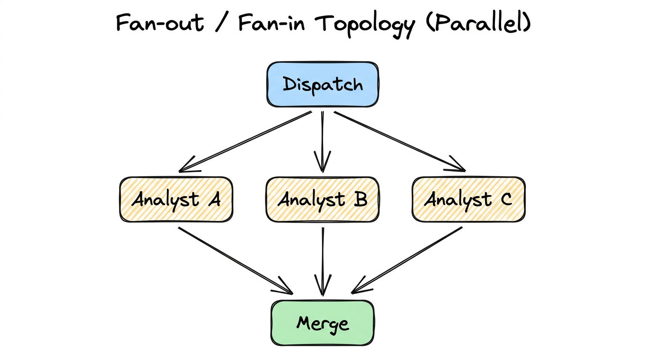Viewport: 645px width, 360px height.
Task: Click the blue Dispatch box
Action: click(x=322, y=84)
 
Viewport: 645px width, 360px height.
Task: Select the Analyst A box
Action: click(x=176, y=199)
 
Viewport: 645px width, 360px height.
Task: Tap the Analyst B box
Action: click(x=322, y=199)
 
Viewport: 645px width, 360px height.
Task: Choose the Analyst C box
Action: click(x=468, y=199)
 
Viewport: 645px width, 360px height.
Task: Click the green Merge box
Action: click(x=322, y=323)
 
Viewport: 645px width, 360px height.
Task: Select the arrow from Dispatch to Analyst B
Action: click(x=322, y=141)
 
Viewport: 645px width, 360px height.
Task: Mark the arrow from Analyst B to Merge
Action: click(x=322, y=261)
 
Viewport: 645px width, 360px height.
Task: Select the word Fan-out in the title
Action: click(x=160, y=23)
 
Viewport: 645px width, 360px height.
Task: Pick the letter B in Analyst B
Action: click(x=360, y=200)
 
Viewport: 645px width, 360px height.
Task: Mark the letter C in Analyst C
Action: click(x=505, y=200)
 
